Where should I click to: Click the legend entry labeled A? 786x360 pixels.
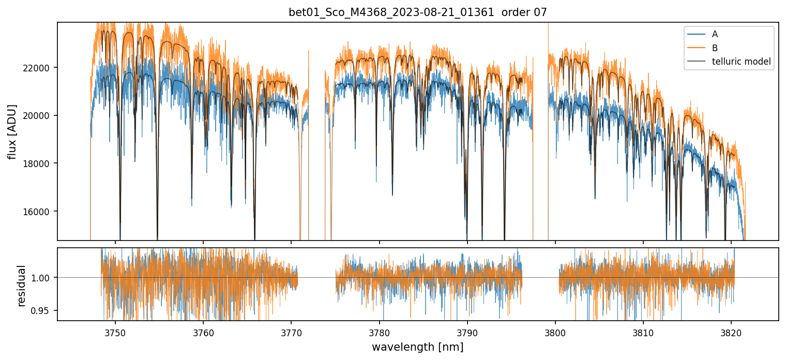click(715, 34)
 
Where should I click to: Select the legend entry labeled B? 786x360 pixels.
click(715, 48)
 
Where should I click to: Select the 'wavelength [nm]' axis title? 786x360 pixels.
click(417, 347)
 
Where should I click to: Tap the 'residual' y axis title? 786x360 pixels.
click(21, 285)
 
